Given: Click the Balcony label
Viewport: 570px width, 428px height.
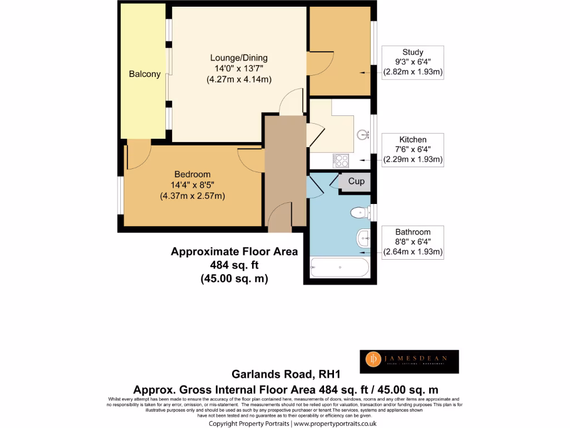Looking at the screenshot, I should (145, 74).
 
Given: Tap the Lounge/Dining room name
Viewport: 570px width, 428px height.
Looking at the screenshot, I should (239, 58).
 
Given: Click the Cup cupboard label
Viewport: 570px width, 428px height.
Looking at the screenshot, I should (356, 182).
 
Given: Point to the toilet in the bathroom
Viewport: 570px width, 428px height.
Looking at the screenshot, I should (360, 212).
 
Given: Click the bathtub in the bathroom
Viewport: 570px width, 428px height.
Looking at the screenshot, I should (339, 268).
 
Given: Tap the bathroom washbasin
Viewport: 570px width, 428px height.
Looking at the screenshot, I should (362, 239).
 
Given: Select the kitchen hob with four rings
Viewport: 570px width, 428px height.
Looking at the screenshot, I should (341, 160).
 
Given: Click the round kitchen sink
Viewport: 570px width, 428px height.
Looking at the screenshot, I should (363, 134).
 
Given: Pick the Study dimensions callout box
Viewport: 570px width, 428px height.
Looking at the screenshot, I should (412, 62).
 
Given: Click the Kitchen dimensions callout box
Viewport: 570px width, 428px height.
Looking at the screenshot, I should (412, 149).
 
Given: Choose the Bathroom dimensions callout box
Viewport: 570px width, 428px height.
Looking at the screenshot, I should (412, 242).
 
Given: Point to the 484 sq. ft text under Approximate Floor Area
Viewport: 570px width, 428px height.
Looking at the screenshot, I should (234, 265).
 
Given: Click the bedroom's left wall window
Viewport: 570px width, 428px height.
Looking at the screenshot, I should (120, 195).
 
